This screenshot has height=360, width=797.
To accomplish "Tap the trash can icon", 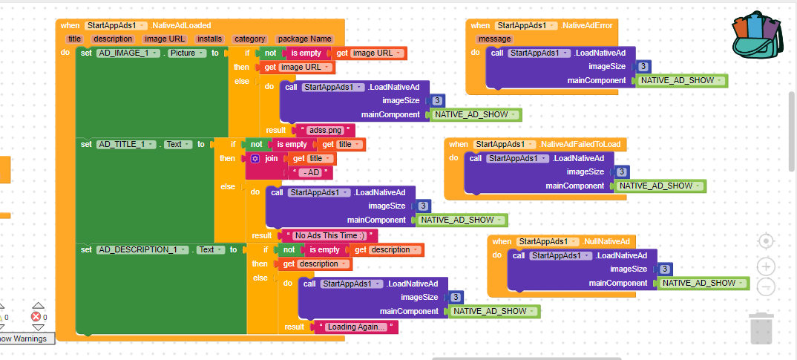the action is [761, 329].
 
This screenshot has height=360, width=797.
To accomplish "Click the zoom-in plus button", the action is [766, 266].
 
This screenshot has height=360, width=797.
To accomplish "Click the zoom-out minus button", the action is [766, 287].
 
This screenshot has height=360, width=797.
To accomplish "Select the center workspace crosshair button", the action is [766, 241].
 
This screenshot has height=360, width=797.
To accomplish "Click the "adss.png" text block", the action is [325, 130].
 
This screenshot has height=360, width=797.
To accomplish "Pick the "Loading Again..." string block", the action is [355, 327].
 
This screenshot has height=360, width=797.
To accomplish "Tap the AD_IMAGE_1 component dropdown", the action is [128, 53].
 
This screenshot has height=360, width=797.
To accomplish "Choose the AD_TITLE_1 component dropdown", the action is [127, 145].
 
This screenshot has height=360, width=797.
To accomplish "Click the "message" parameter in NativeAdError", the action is [494, 39].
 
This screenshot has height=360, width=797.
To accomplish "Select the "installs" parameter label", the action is [210, 39].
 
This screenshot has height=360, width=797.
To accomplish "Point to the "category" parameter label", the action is [249, 39].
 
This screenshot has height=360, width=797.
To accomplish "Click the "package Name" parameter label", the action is [304, 39].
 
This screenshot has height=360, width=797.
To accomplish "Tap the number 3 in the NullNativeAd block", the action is [664, 269].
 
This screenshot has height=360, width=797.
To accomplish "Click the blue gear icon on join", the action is [255, 159].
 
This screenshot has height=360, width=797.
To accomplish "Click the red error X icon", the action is [36, 317].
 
